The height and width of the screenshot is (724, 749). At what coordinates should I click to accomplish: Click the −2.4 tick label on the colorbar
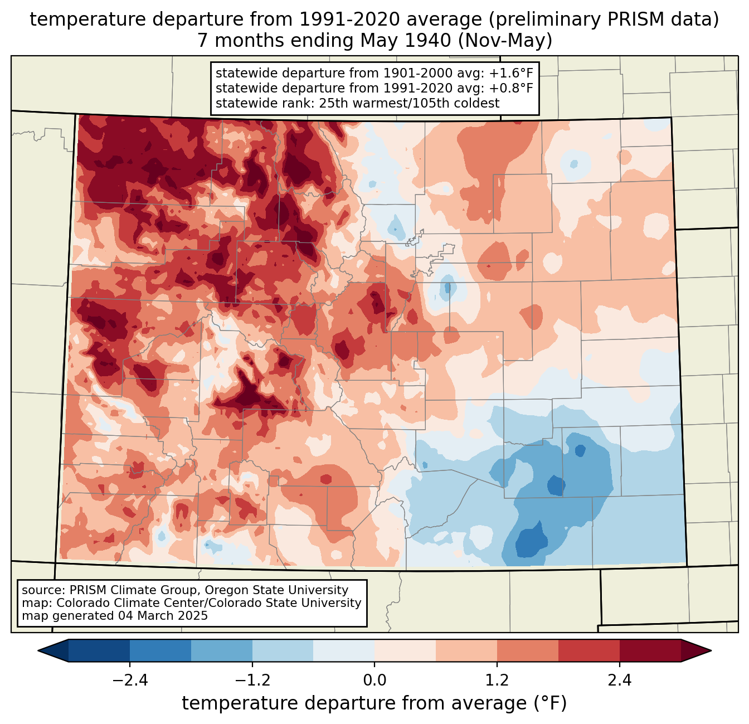[130, 681]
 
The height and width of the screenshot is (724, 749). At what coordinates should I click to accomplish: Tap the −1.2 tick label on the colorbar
[252, 681]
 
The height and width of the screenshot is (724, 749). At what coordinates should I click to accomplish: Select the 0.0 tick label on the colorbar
[374, 681]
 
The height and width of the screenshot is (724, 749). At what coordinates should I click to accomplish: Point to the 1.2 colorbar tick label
[497, 681]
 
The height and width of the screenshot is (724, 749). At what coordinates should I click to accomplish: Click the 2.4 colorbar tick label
[619, 681]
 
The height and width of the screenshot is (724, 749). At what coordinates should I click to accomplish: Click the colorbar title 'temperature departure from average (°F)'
[374, 703]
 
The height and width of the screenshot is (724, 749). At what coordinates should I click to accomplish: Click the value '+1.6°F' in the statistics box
[511, 74]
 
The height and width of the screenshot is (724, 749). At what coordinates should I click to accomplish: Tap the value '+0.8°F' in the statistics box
[511, 88]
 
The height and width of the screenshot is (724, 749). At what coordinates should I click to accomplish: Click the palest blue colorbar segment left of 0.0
[344, 650]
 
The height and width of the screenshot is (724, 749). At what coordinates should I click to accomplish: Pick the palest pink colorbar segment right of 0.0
[405, 650]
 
